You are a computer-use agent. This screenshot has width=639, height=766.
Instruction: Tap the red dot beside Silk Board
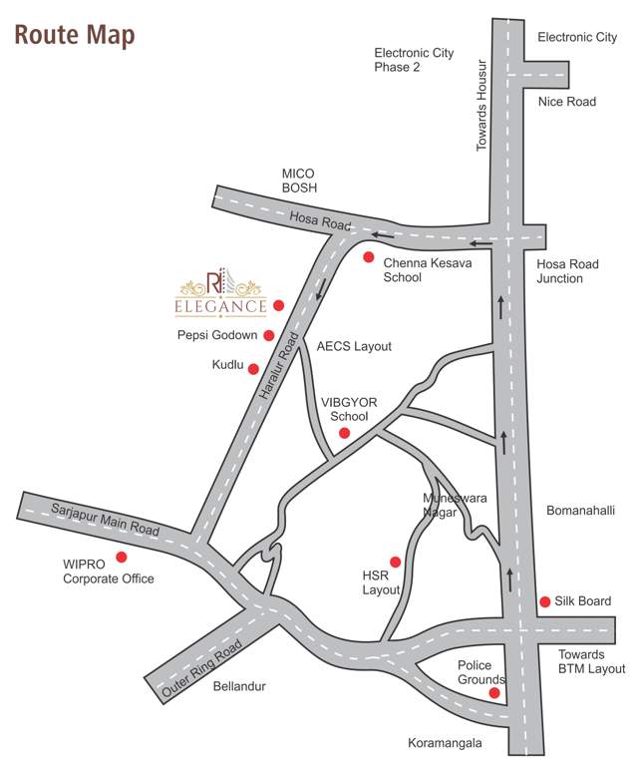[545, 601]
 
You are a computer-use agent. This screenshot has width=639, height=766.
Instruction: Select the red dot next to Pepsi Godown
[269, 335]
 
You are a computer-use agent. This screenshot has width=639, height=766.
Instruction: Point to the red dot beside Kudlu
[253, 368]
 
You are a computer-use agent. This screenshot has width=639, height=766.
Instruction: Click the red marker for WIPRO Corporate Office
[122, 557]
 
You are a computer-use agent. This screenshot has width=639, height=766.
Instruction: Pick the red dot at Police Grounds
[493, 693]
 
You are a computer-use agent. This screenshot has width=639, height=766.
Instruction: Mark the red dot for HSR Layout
[395, 562]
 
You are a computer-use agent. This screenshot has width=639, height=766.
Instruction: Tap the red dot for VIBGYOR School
[344, 433]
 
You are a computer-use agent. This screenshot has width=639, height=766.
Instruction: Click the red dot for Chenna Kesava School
[368, 257]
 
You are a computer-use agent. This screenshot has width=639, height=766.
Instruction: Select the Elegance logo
[222, 293]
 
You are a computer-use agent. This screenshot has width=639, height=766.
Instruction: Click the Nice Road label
[566, 102]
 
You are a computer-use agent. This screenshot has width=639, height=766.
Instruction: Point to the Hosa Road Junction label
[567, 271]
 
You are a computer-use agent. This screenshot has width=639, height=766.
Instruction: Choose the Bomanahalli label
[580, 511]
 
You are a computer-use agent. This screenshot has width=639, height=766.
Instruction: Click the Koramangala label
[445, 743]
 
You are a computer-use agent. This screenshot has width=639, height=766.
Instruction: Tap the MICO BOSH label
[298, 181]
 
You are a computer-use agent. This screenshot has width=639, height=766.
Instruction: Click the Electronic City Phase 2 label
[414, 60]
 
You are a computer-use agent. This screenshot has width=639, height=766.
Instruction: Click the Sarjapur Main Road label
[104, 521]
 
